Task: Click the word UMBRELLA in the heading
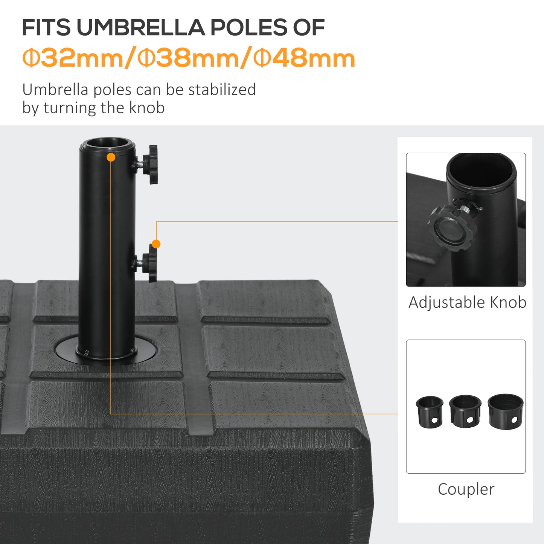(140, 27)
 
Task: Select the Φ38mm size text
(188, 58)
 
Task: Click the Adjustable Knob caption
(467, 302)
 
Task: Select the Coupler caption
(466, 489)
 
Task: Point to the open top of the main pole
(107, 143)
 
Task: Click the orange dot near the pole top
(111, 157)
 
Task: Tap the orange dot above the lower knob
(156, 244)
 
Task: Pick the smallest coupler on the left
(429, 411)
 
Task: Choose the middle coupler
(465, 411)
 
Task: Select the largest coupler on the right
(505, 411)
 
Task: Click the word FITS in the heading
(46, 27)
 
